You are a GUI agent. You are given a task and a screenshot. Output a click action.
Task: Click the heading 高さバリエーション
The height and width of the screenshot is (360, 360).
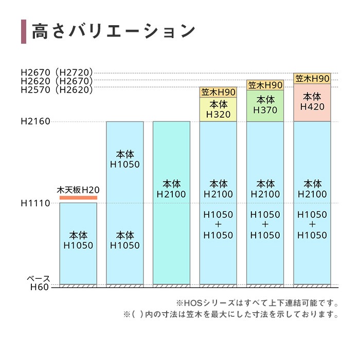[x=114, y=31]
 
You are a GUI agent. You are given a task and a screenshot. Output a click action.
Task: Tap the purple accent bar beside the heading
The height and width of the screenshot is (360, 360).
[x=23, y=31]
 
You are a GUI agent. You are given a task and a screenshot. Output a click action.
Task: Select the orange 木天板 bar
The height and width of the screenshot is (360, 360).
[x=78, y=197]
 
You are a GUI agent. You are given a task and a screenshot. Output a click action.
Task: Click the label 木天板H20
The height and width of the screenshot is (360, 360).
[x=78, y=190]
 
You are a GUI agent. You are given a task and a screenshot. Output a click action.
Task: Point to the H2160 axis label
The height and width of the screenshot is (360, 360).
[x=35, y=122]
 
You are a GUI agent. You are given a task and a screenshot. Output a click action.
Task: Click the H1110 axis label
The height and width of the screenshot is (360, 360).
[x=35, y=204]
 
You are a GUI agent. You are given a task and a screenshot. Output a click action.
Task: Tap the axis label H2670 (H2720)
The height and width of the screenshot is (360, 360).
[x=57, y=73]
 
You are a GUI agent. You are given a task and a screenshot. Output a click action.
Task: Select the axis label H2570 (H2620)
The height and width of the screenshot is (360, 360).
[x=57, y=89]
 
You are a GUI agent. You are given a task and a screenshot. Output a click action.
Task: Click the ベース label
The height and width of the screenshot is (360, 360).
[x=39, y=279]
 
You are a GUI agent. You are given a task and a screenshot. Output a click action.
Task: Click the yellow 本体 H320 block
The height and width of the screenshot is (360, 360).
[x=218, y=109]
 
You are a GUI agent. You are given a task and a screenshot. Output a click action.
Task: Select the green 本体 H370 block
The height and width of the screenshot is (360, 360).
[x=265, y=105]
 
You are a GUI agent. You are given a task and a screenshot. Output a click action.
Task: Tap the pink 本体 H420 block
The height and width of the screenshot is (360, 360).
[x=312, y=102]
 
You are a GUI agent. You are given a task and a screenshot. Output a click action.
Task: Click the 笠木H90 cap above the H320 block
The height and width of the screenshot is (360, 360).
[x=218, y=92]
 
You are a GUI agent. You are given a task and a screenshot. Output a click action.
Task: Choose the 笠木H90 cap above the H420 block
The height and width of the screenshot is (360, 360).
[x=312, y=79]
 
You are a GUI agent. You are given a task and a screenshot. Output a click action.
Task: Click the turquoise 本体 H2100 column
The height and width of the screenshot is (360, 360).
[x=171, y=201]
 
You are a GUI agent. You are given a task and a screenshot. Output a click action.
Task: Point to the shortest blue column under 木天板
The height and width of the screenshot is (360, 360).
[x=78, y=242]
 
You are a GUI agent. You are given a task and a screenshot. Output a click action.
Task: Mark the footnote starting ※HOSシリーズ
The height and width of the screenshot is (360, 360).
[x=258, y=303]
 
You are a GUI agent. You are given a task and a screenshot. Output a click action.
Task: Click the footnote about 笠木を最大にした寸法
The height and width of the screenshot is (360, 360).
[x=231, y=314]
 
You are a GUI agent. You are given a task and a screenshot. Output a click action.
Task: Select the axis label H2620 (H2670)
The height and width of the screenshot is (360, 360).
[x=57, y=81]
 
